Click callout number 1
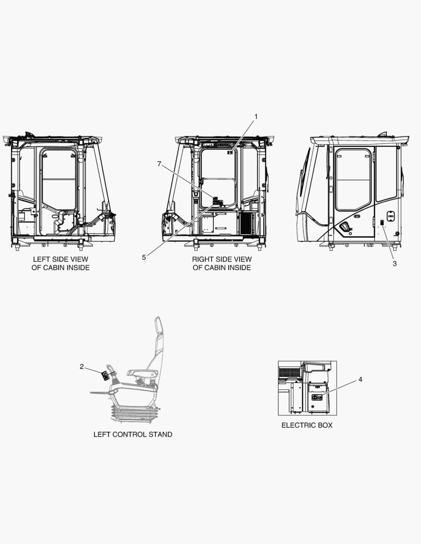[256, 116]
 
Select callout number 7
[159, 164]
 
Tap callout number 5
[144, 257]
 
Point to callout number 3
[395, 263]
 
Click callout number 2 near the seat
[82, 367]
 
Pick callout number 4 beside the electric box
[360, 380]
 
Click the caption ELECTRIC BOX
[307, 425]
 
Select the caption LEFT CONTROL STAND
[133, 434]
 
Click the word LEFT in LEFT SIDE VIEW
[41, 259]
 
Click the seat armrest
[143, 373]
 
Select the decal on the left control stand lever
[105, 376]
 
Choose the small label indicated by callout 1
[230, 152]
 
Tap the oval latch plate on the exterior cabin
[391, 216]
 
